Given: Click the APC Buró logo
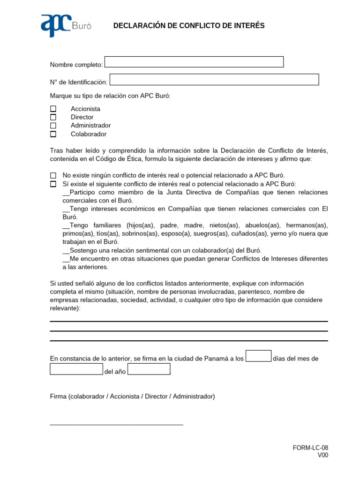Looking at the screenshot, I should point(66,25).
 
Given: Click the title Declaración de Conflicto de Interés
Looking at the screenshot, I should point(189,26).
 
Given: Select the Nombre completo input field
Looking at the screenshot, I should point(194,62).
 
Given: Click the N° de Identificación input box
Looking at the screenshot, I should point(214,80).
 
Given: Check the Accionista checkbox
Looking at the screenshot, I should point(53,109).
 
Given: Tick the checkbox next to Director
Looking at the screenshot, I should point(53,117).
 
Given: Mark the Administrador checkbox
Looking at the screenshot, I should point(53,126).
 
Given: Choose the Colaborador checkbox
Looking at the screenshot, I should point(53,134).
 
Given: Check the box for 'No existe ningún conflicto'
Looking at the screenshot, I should point(53,175).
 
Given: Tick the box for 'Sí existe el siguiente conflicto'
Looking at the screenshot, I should point(53,184).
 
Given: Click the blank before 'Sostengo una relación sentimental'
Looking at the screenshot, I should point(66,251).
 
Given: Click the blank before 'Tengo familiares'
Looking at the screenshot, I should point(66,225).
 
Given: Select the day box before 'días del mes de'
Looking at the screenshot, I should point(258,356).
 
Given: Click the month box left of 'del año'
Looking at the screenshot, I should point(76,369).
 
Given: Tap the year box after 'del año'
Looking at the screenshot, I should point(149,369).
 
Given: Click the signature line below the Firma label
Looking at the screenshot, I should point(116,425).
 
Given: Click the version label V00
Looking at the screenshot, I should point(323,455).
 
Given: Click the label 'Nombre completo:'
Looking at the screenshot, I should point(76,65).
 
